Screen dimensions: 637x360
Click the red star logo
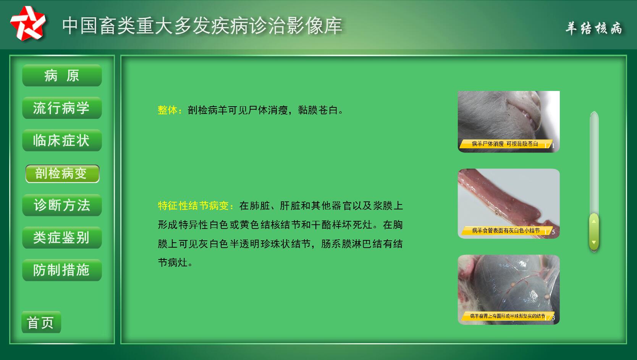[x=28, y=23]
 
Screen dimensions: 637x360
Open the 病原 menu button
[x=62, y=75]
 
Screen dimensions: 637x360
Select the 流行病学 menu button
[x=62, y=108]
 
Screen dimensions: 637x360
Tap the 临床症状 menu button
[x=62, y=140]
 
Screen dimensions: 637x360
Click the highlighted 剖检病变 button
[x=62, y=174]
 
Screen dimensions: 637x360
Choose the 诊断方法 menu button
[x=62, y=205]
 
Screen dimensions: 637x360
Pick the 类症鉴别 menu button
[x=62, y=238]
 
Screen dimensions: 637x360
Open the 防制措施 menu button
[x=62, y=270]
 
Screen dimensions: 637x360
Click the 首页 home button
[x=41, y=322]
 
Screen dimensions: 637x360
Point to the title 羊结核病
[x=593, y=28]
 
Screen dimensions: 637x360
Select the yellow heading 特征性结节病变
[x=193, y=206]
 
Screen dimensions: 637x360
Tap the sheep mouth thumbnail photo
[x=508, y=122]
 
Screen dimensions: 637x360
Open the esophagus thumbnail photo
[x=508, y=203]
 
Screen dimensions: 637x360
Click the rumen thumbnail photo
[x=508, y=290]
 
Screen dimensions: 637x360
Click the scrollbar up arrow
[x=594, y=221]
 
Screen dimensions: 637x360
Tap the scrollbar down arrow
[x=594, y=242]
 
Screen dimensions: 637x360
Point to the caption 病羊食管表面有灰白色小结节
[x=506, y=230]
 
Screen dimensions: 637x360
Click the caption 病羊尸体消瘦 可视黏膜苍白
[x=505, y=144]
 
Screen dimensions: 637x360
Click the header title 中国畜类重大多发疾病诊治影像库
[x=202, y=26]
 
